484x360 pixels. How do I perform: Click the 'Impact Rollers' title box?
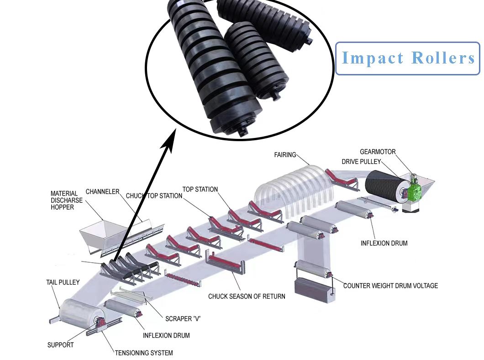tap(408, 58)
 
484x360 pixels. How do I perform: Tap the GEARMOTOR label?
tap(378, 152)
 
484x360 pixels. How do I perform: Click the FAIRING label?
tap(285, 155)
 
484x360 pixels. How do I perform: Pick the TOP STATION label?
tap(200, 189)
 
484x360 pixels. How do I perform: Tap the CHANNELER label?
tap(102, 191)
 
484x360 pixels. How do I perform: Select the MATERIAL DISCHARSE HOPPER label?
tap(67, 200)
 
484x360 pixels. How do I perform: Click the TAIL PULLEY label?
tap(63, 282)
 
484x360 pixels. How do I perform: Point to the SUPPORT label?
tap(60, 344)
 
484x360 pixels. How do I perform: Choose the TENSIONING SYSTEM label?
tap(143, 353)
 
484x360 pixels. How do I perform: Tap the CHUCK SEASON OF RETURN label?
tap(247, 296)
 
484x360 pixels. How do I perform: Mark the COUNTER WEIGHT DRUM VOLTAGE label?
tap(390, 286)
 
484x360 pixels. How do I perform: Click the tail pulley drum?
tap(78, 316)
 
